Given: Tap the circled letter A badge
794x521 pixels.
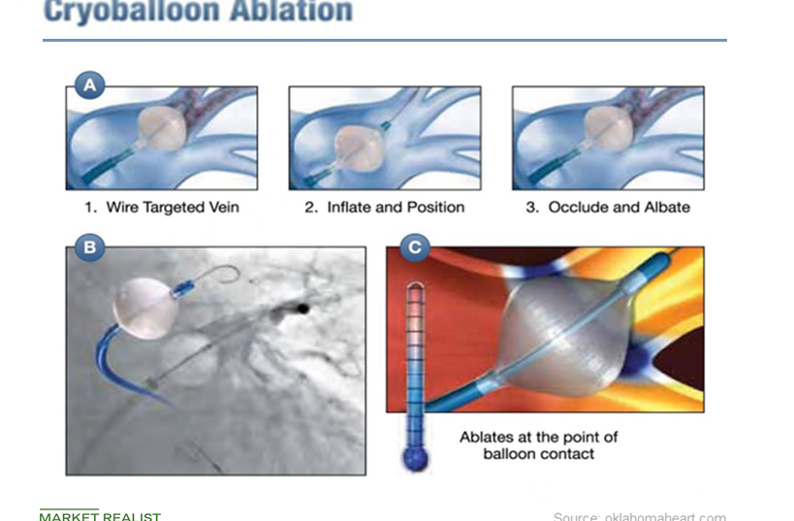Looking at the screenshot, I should click(89, 85).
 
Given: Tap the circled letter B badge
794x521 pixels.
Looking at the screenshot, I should click(89, 247).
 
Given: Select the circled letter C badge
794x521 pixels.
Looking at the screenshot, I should click(415, 247).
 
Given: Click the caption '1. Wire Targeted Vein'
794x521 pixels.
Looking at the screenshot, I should click(161, 207).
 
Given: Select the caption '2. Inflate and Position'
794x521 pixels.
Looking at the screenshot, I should click(384, 207).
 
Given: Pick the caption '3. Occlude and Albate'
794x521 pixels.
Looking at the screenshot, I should click(608, 207).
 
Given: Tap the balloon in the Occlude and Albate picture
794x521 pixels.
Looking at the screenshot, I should click(610, 129).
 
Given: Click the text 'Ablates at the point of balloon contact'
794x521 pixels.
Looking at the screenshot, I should click(538, 445).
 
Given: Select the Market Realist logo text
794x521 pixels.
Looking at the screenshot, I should click(100, 516).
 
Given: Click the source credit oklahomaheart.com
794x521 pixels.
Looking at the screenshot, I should click(639, 516).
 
